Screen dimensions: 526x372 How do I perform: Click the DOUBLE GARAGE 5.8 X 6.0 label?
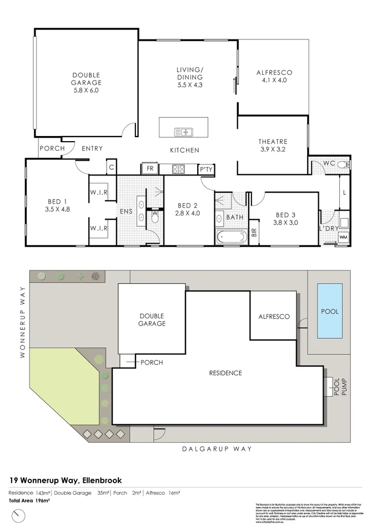[86, 82]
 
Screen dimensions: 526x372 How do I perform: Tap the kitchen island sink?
[183, 132]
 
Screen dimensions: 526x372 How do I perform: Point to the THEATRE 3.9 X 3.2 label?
[272, 145]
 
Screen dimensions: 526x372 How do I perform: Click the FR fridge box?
[150, 169]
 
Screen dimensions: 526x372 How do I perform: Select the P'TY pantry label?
[207, 169]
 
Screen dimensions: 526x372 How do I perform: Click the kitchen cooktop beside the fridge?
[179, 169]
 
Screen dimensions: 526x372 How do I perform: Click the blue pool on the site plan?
[330, 311]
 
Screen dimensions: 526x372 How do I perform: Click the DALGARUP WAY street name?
[217, 449]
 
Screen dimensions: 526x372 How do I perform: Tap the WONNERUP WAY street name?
[23, 322]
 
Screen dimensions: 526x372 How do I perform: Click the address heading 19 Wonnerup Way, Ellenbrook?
[66, 480]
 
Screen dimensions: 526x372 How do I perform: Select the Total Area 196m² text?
[29, 500]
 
